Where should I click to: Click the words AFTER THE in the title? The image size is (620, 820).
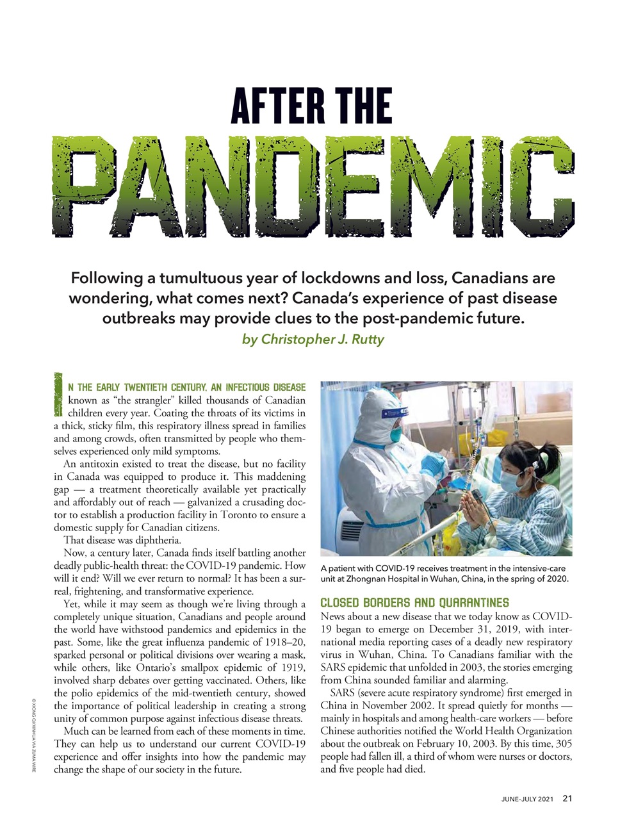point(311,106)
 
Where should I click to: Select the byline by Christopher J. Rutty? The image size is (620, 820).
point(313,339)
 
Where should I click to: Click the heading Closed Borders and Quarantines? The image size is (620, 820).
point(414,603)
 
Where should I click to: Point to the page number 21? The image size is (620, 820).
point(567,798)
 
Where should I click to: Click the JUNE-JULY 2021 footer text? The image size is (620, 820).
point(526,799)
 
